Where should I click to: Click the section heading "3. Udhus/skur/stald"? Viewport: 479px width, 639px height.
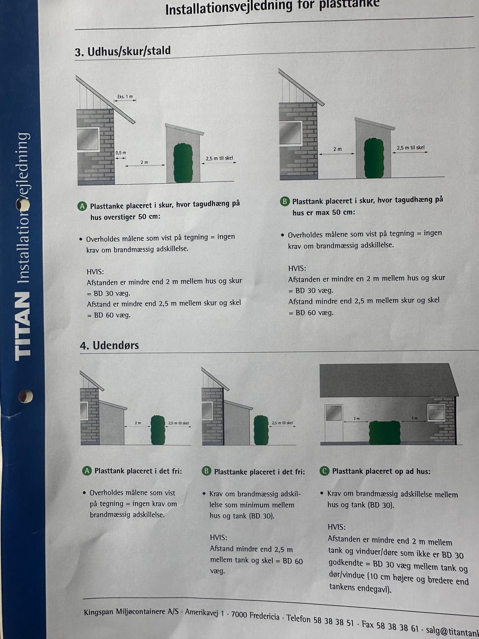click(x=123, y=51)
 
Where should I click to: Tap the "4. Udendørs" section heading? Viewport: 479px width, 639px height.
click(x=109, y=345)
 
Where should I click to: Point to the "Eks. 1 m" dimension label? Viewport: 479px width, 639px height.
click(x=125, y=96)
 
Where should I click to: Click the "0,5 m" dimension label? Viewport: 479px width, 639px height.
click(x=121, y=153)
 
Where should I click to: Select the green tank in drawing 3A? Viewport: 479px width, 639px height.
click(x=183, y=162)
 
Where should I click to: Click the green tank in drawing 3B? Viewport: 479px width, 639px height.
click(x=374, y=157)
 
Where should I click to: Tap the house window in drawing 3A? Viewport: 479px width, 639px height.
click(x=88, y=139)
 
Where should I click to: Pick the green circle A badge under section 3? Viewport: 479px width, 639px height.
click(x=82, y=206)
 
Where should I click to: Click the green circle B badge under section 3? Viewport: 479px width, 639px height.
click(x=285, y=202)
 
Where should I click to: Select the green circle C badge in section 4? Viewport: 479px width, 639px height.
click(x=324, y=471)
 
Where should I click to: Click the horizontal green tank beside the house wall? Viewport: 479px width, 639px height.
click(x=385, y=432)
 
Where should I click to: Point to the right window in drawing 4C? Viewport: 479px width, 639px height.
click(x=436, y=412)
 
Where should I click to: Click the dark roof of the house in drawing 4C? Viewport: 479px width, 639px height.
click(x=388, y=380)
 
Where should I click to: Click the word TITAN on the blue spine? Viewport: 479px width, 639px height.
click(x=22, y=326)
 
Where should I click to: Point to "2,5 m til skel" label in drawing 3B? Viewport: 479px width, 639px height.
click(x=410, y=148)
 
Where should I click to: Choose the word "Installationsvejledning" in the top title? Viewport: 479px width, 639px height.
click(x=229, y=8)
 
